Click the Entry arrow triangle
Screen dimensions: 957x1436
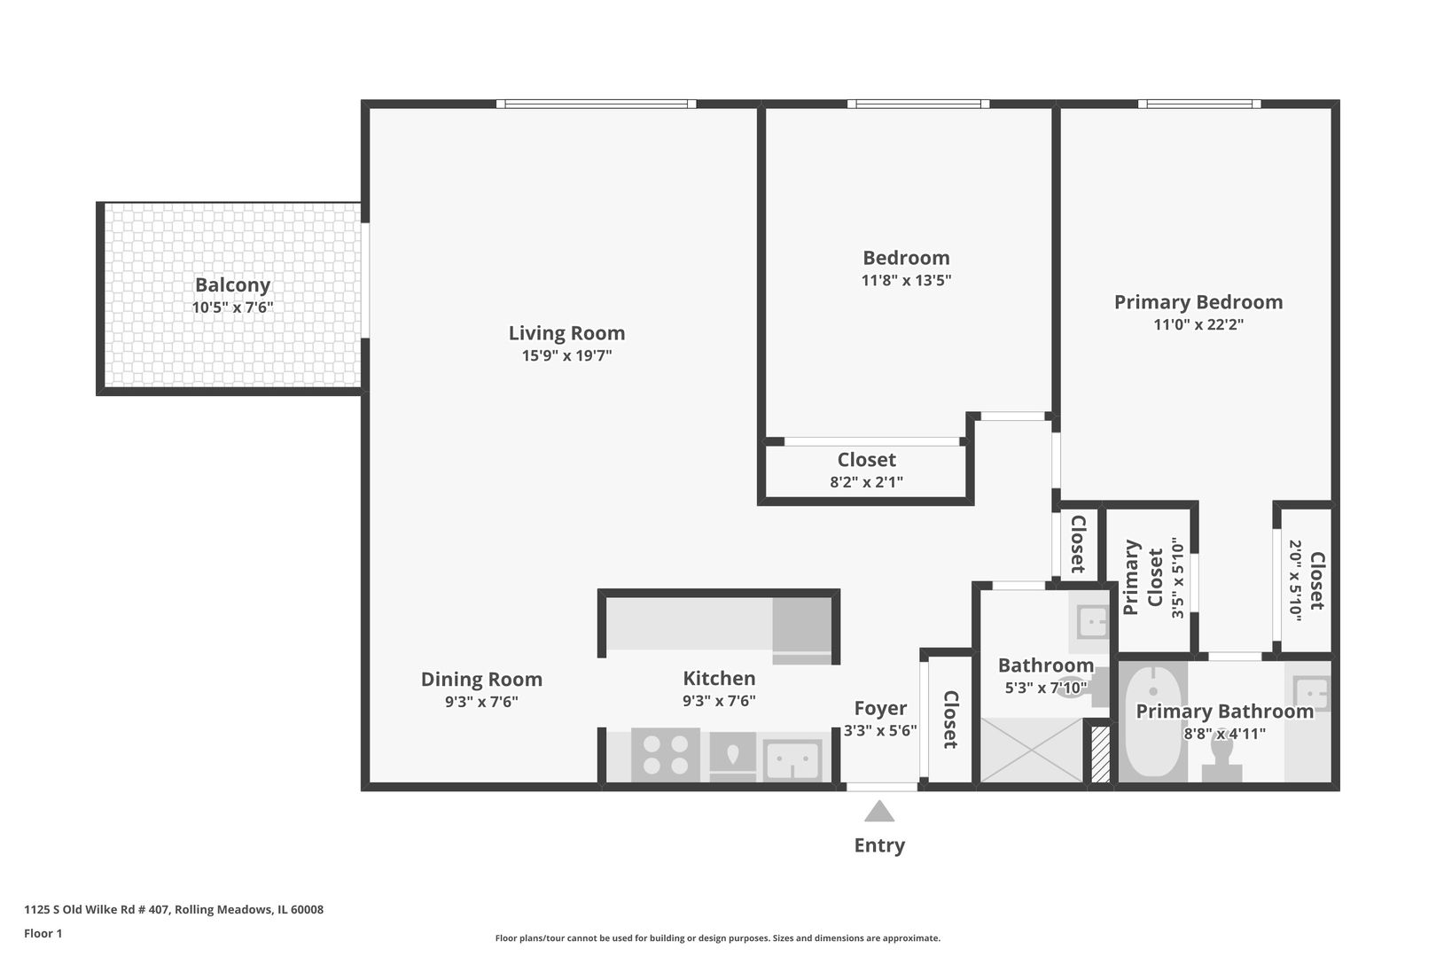[x=878, y=812]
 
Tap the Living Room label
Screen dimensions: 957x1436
[x=566, y=333]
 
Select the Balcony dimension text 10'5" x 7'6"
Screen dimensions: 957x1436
[x=232, y=308]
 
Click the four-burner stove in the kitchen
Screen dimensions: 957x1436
[x=666, y=755]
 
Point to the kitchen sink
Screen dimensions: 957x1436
[x=792, y=759]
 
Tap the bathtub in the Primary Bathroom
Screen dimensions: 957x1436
[x=1152, y=722]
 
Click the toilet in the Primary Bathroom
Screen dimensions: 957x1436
[x=1222, y=759]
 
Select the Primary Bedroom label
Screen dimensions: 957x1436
[x=1198, y=302]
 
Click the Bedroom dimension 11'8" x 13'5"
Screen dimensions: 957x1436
[x=906, y=281]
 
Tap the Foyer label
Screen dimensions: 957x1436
[x=879, y=708]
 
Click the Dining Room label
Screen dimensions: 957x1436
[x=481, y=680]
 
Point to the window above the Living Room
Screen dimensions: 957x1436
[x=596, y=104]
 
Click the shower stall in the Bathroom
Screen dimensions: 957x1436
[x=1031, y=750]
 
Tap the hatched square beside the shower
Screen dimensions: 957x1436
[x=1100, y=754]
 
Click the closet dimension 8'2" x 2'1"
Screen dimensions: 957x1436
[x=866, y=483]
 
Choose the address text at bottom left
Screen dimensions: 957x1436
[x=174, y=909]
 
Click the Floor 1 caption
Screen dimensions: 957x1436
[x=43, y=933]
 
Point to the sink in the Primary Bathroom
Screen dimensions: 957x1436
[x=1311, y=693]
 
